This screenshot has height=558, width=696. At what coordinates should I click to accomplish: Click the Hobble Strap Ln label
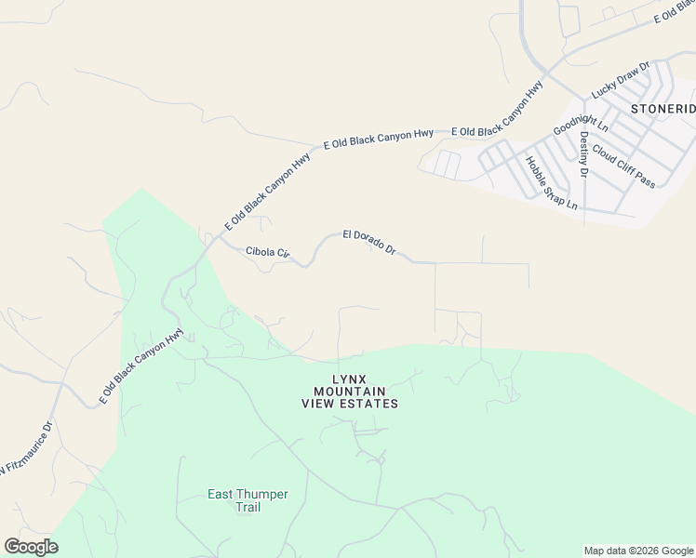coord(552,182)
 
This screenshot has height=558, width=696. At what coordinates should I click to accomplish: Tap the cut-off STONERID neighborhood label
coord(663,108)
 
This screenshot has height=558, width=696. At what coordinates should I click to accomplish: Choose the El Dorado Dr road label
coord(369,243)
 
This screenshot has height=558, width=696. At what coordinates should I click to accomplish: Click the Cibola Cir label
coord(268,252)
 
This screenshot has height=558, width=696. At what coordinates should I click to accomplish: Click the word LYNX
coord(350,379)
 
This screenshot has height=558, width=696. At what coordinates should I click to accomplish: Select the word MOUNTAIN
coord(350,392)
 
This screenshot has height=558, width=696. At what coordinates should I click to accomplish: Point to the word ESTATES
coord(368,404)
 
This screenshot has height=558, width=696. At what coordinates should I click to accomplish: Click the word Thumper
coord(263,494)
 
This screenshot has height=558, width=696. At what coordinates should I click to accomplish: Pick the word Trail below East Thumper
coord(248,507)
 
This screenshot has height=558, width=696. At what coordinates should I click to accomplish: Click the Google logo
coord(31,547)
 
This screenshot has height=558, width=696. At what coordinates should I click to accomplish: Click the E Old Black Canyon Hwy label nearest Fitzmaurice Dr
coord(142,366)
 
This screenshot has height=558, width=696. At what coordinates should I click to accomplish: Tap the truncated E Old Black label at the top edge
coord(675,12)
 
